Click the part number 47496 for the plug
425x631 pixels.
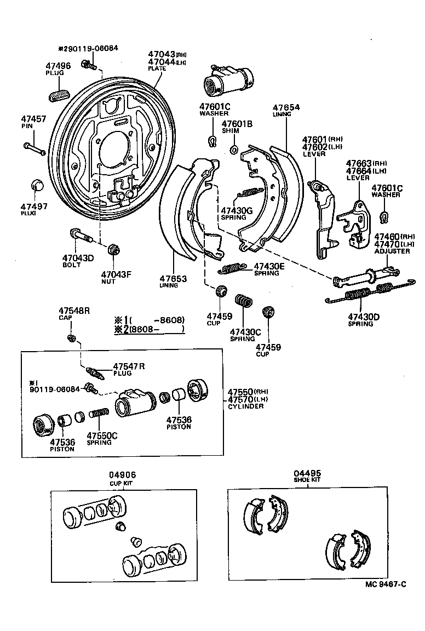pos(58,66)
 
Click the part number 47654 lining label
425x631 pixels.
pos(286,108)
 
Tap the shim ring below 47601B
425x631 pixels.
pos(234,149)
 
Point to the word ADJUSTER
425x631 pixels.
pos(392,251)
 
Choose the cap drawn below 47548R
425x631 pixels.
pos(71,336)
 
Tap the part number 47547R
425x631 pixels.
pos(129,366)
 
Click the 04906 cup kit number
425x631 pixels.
pos(123,475)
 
